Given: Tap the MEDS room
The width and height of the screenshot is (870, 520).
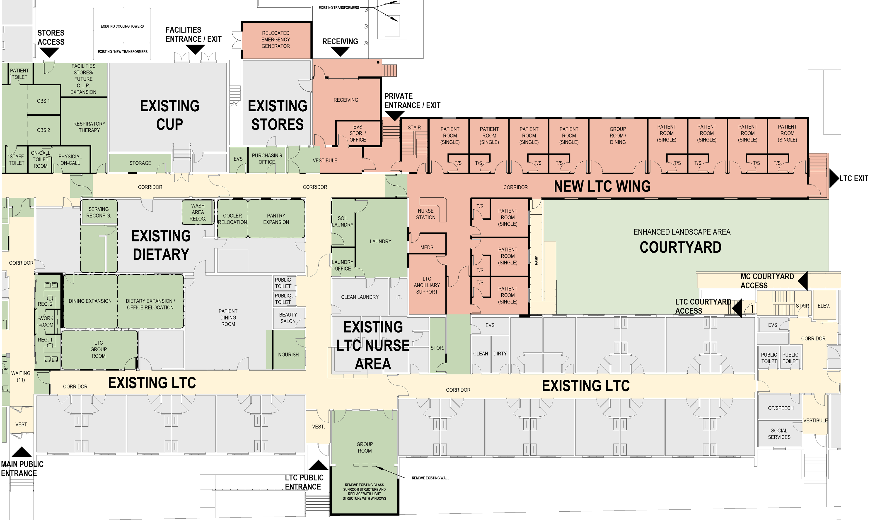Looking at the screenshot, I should point(427,247).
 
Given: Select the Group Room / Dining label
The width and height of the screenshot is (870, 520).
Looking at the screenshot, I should point(618,136).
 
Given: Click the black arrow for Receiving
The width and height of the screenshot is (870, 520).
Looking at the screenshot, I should point(340,52).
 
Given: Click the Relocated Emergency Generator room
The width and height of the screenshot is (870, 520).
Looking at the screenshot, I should point(276,40).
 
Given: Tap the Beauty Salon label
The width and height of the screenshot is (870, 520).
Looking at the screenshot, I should point(288,318).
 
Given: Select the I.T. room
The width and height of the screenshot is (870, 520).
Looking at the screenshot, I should point(398,297).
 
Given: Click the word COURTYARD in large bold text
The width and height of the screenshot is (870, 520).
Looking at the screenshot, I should point(680,247).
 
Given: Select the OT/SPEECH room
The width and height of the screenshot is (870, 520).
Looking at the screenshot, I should point(780,408).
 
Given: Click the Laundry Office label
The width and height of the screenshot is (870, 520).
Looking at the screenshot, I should point(342,265).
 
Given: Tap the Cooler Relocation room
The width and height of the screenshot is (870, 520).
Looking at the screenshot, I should point(232,219).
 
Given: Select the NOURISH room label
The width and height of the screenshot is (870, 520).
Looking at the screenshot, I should point(288,355).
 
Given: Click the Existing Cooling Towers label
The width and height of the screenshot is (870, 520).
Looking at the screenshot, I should point(122,26).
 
